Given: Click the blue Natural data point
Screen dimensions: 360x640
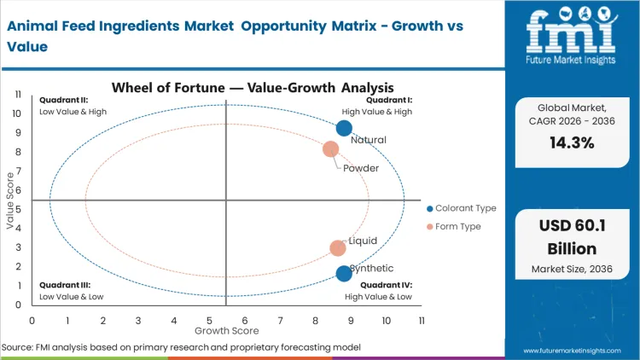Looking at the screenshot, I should (x=344, y=128).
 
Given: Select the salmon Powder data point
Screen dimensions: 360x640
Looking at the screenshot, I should (x=330, y=149).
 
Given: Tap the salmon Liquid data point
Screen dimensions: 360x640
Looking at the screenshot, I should (x=338, y=248).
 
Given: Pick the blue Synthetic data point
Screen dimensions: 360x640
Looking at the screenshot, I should (x=344, y=273).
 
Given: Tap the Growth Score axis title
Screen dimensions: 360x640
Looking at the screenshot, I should (x=226, y=329).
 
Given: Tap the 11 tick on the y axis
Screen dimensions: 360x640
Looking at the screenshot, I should (x=17, y=95).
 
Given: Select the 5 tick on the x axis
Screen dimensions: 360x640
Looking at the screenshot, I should (x=209, y=320).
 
